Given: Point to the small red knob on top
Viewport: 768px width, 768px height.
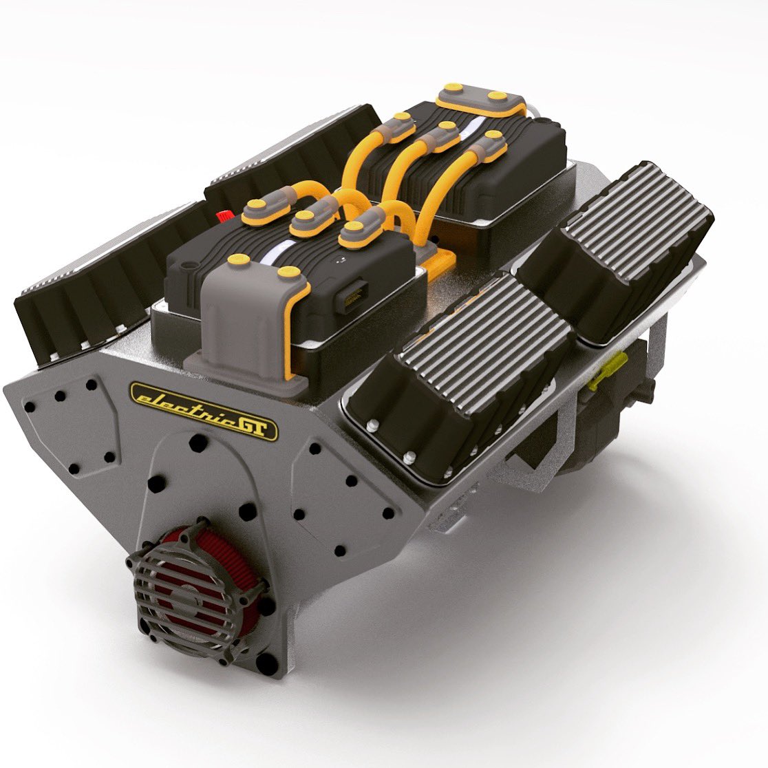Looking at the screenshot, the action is click(225, 216).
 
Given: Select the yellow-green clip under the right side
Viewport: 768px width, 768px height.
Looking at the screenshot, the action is click(610, 370).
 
